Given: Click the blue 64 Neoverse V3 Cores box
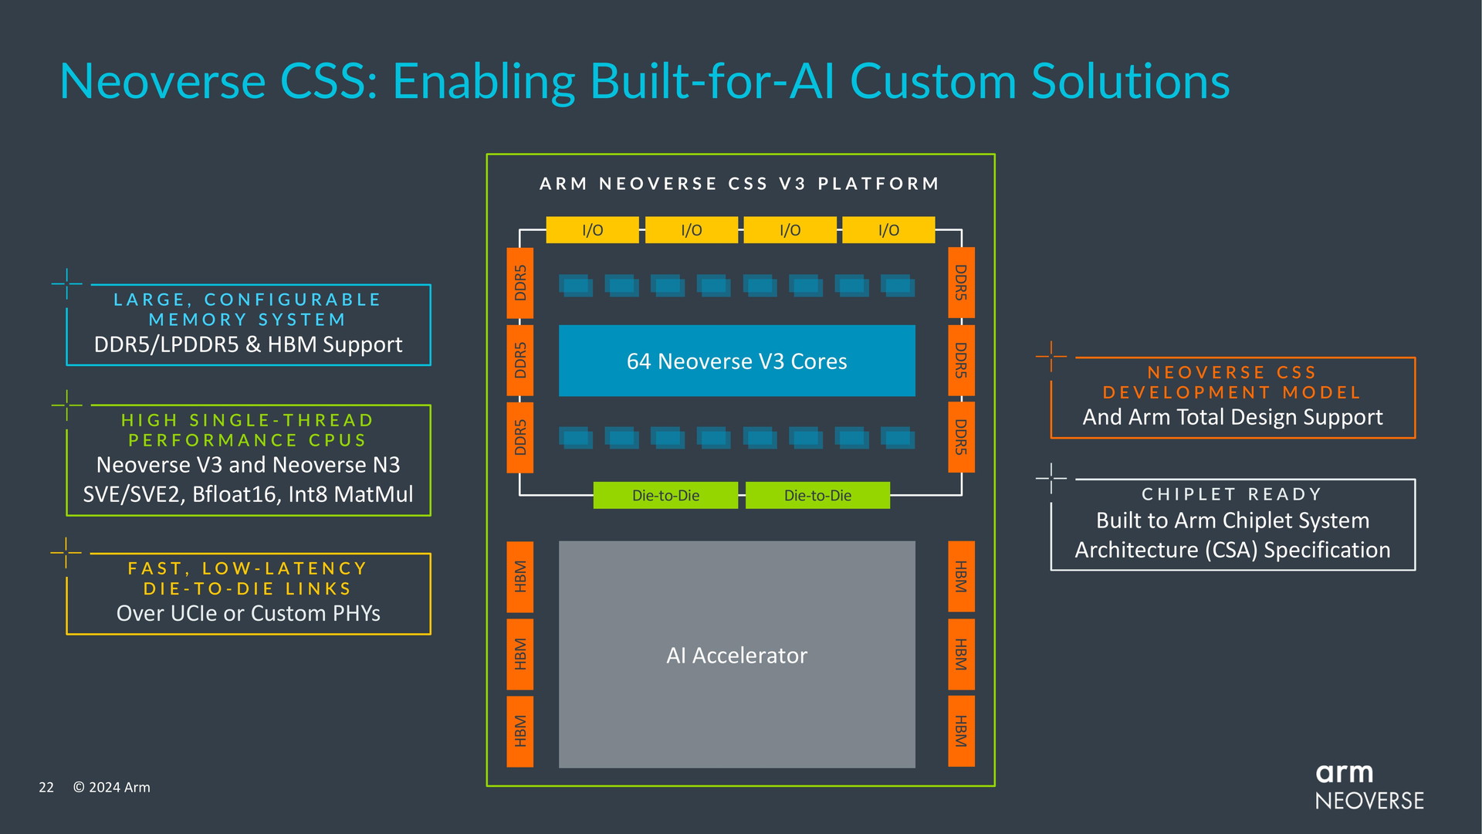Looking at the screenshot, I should coord(736,361).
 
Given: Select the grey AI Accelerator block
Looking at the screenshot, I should coord(736,654).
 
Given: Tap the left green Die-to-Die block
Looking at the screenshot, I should coord(665,495).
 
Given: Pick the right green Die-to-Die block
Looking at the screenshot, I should coord(817,495).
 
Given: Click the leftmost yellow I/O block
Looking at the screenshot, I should coord(592,230).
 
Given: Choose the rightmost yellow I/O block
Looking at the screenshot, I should coord(888,230).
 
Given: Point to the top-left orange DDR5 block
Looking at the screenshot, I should coord(519,283).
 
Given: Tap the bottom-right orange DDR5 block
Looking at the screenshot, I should coord(961,437).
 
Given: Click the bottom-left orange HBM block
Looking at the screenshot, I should coord(519,731).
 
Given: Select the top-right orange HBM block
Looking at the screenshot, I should coord(961,577).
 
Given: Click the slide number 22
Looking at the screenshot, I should coord(46,787).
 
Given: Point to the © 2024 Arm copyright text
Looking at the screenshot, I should coord(112,787).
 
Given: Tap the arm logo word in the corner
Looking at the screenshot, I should coord(1344,772).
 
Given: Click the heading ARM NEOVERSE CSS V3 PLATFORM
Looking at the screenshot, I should coord(739,184).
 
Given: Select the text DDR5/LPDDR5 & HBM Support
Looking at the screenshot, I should coord(248,344).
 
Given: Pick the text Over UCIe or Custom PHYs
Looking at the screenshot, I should coord(248,613).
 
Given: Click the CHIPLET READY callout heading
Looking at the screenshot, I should coord(1232,494).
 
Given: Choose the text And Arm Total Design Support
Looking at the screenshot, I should coord(1232,417).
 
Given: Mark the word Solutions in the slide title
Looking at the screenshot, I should coord(1130,81).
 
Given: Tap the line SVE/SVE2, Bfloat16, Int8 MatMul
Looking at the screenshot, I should coord(248,494).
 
